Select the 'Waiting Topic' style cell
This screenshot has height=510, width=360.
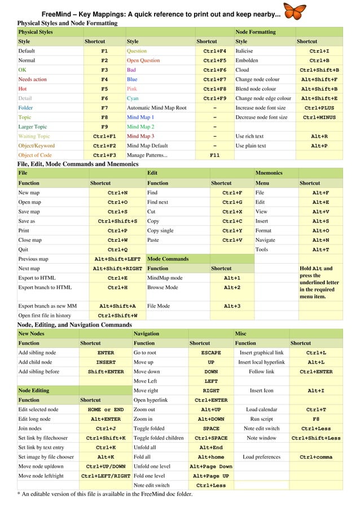coord(34,136)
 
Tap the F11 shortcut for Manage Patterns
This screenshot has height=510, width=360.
coord(214,154)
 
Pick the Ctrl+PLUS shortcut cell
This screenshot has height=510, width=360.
coord(319,107)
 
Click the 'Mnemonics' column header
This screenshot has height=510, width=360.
coord(269,173)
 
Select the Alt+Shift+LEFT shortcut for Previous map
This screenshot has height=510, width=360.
coord(117,259)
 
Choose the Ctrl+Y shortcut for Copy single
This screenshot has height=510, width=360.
coord(232,230)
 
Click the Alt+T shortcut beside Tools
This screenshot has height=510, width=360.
coord(321,250)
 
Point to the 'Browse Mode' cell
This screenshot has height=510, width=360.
coord(163,287)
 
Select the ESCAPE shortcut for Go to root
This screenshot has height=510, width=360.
coord(211,352)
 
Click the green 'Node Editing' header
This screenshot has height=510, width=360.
coord(33,390)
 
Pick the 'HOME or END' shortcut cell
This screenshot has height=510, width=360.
coord(106,409)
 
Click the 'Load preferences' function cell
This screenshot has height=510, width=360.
coord(261,457)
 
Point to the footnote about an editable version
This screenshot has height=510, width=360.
coord(104,494)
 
